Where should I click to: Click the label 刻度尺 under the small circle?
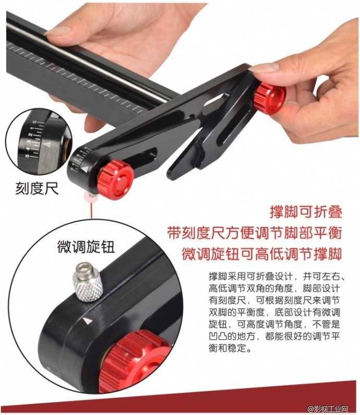(37, 188)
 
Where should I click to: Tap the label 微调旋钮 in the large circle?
(86, 247)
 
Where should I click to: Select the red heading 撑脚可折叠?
(306, 212)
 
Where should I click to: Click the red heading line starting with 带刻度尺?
(255, 233)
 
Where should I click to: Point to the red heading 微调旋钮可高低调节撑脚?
(262, 254)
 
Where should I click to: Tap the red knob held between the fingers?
(270, 98)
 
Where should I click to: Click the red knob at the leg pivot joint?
(115, 179)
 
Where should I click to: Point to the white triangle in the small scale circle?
(47, 144)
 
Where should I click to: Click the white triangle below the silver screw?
(88, 321)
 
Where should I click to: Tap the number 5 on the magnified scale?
(27, 156)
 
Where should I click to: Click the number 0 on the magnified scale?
(34, 122)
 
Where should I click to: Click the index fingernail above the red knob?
(263, 68)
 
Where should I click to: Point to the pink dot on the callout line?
(91, 197)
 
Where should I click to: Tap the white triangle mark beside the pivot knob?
(85, 169)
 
